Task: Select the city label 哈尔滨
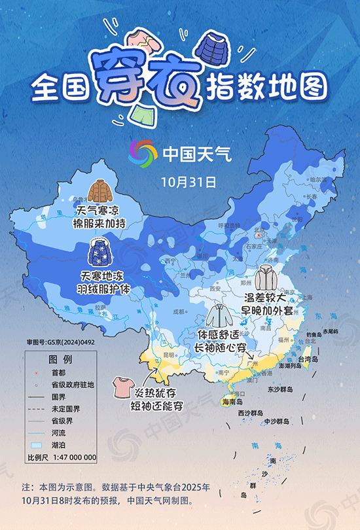(x=317, y=179)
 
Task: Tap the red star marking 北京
(x=259, y=231)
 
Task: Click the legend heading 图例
(x=61, y=360)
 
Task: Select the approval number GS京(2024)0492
(x=60, y=342)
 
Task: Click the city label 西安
(x=216, y=288)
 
